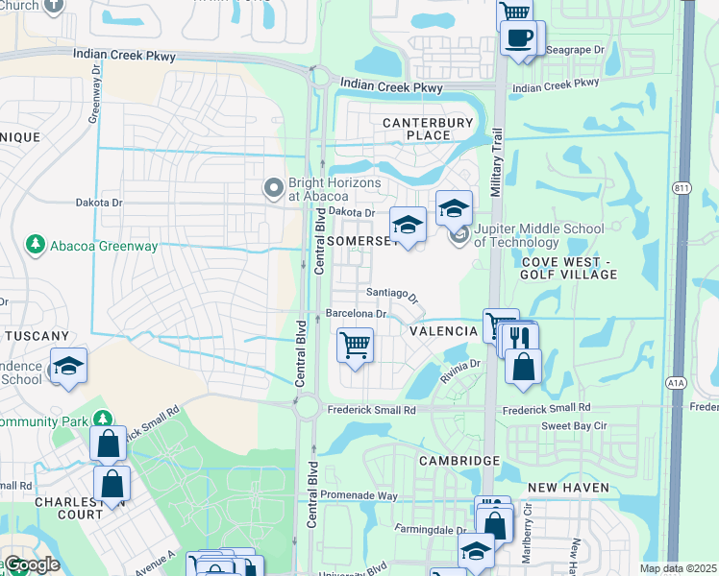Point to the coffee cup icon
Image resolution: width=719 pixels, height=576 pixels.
[x=520, y=38]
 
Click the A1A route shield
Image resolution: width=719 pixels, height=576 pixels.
[x=677, y=382]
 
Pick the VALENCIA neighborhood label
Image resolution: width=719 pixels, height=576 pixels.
[x=444, y=331]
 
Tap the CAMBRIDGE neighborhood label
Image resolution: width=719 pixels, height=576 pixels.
[x=459, y=461]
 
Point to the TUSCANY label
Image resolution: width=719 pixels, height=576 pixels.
[x=37, y=336]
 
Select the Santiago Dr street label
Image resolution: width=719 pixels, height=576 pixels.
[x=393, y=295]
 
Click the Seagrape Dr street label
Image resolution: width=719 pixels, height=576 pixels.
[x=574, y=51]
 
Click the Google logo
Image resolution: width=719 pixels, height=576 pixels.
[x=31, y=565]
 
